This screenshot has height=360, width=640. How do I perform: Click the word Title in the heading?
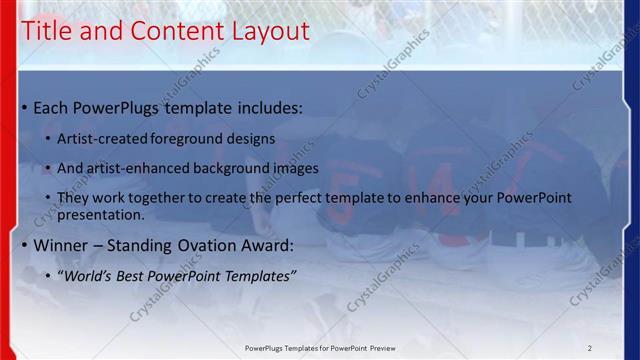(47, 31)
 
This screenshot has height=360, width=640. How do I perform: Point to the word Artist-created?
(97, 138)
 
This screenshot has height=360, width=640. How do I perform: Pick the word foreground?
(186, 138)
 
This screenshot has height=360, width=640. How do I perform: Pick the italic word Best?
(138, 275)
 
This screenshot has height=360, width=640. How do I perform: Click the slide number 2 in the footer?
(590, 348)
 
